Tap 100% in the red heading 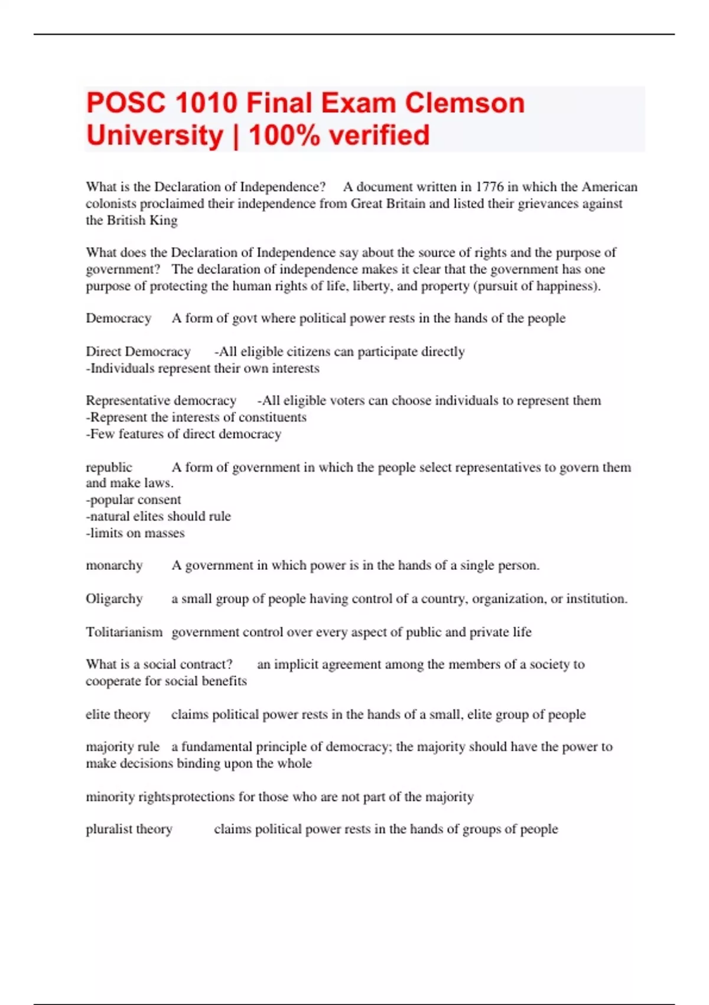[284, 135]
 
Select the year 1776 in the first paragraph [489, 187]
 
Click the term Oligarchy [114, 599]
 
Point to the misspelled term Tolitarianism [124, 632]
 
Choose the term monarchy [114, 565]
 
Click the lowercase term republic [109, 467]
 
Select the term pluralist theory [129, 829]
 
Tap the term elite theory [118, 714]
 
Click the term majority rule [122, 747]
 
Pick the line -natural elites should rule [158, 516]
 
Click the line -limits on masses [135, 533]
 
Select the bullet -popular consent [134, 500]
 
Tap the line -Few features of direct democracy [184, 434]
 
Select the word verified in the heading [379, 135]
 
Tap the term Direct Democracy [138, 352]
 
